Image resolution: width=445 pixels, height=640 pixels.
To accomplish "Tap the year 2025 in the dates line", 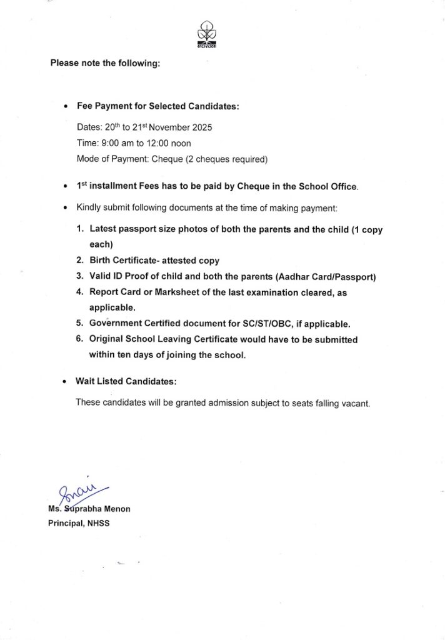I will tap(201, 127).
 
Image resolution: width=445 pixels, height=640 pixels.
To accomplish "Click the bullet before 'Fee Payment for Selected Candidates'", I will tap(66, 107).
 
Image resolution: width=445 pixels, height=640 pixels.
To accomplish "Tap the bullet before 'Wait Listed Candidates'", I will tap(66, 381).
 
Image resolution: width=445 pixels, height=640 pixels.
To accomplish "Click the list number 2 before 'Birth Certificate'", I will tap(80, 260).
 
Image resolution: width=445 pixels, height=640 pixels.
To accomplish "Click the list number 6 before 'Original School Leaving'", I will tap(80, 339).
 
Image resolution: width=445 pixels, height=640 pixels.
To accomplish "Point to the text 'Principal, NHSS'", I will tap(79, 523).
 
